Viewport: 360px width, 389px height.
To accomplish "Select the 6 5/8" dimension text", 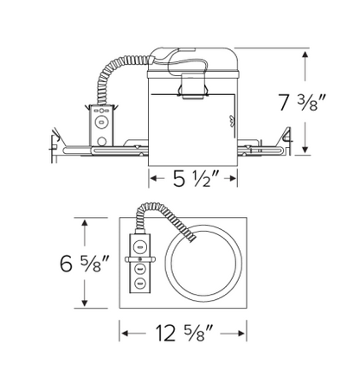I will click(x=83, y=263).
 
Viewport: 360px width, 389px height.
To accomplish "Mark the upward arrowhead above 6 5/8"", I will click(x=85, y=222).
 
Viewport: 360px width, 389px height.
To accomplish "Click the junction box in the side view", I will click(x=102, y=123).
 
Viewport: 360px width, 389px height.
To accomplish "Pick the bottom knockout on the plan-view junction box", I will click(x=138, y=284).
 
